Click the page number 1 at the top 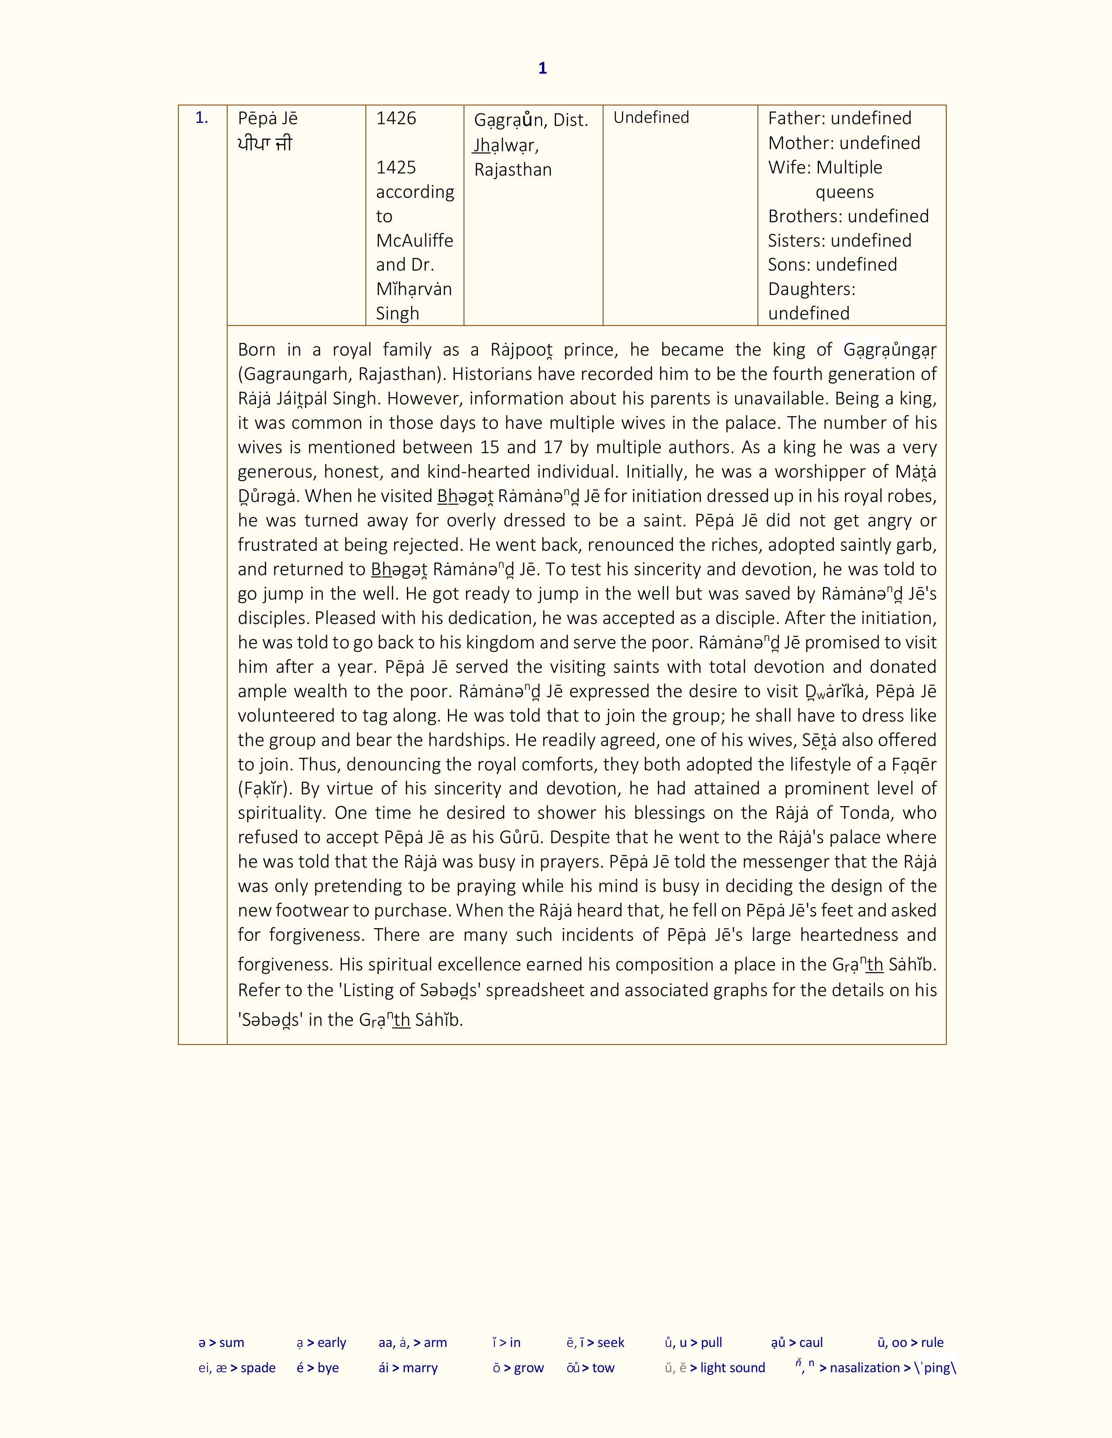click(542, 68)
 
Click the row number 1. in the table click(201, 119)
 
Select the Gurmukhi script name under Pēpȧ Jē click(265, 143)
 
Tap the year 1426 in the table click(396, 119)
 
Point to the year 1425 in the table click(396, 167)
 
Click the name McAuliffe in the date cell click(414, 241)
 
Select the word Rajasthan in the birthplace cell click(512, 170)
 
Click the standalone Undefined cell click(651, 117)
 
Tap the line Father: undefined click(839, 119)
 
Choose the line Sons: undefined click(832, 265)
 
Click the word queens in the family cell click(845, 192)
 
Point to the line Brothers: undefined click(848, 216)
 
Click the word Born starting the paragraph click(256, 349)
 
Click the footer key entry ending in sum click(222, 1343)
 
